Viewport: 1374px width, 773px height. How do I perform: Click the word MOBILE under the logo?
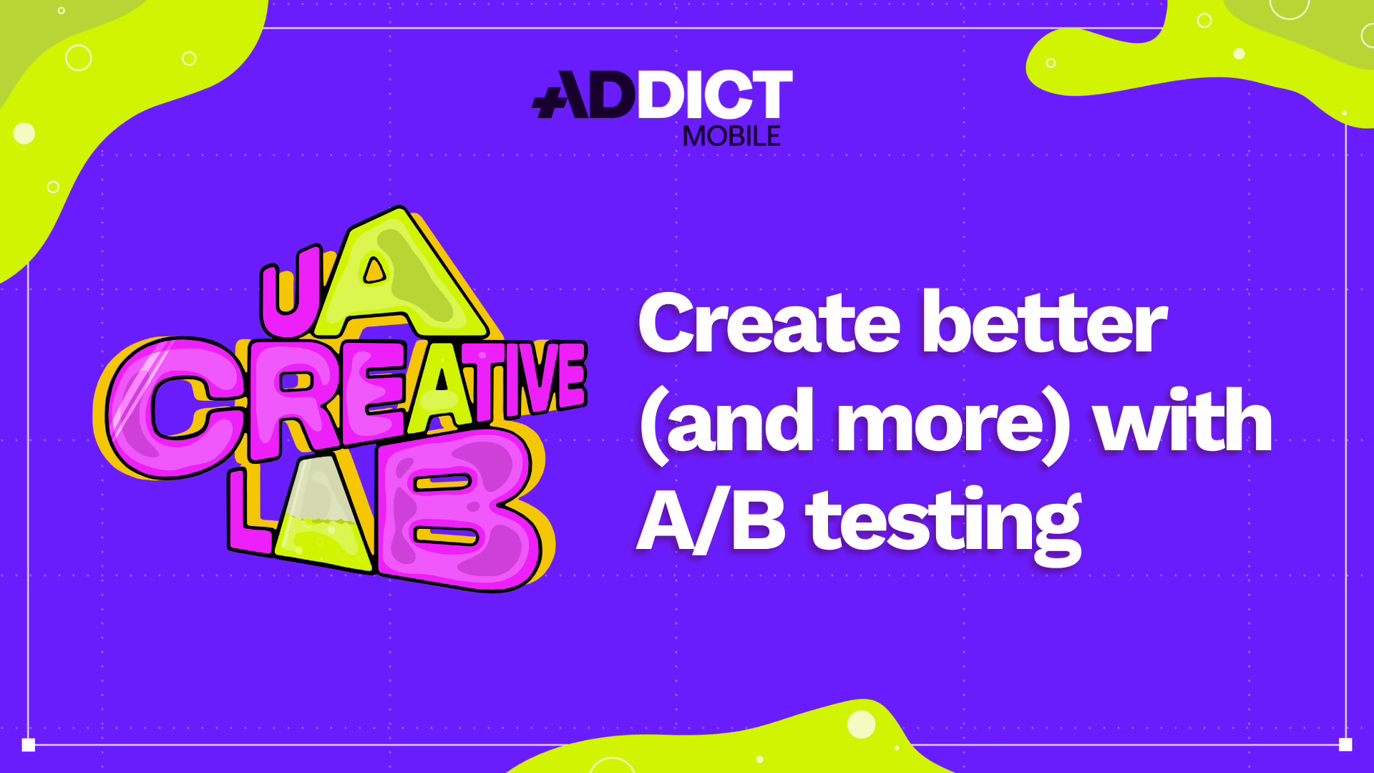pos(731,136)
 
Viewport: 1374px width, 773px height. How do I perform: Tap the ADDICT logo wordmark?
pos(662,94)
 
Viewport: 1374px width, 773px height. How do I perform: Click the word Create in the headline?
pos(769,324)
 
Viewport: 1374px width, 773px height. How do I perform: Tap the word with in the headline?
pos(1184,420)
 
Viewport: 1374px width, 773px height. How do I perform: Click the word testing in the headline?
pos(945,526)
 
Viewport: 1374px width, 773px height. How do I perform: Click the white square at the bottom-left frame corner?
pos(29,744)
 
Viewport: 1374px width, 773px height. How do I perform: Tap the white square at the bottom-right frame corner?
pos(1345,744)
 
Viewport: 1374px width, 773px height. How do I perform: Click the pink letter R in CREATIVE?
pos(293,401)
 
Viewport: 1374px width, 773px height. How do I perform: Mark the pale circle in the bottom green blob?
pos(862,724)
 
